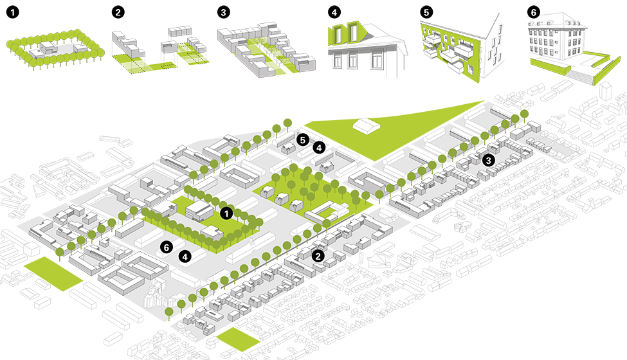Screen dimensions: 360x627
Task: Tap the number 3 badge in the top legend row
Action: click(223, 12)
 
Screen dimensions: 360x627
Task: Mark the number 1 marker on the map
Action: click(226, 212)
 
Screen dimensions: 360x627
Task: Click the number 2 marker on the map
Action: click(318, 256)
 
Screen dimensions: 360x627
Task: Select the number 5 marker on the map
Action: click(303, 139)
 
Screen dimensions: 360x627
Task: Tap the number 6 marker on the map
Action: click(167, 246)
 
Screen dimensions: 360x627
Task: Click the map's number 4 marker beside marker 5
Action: click(318, 148)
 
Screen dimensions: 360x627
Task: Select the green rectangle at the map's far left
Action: click(53, 274)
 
